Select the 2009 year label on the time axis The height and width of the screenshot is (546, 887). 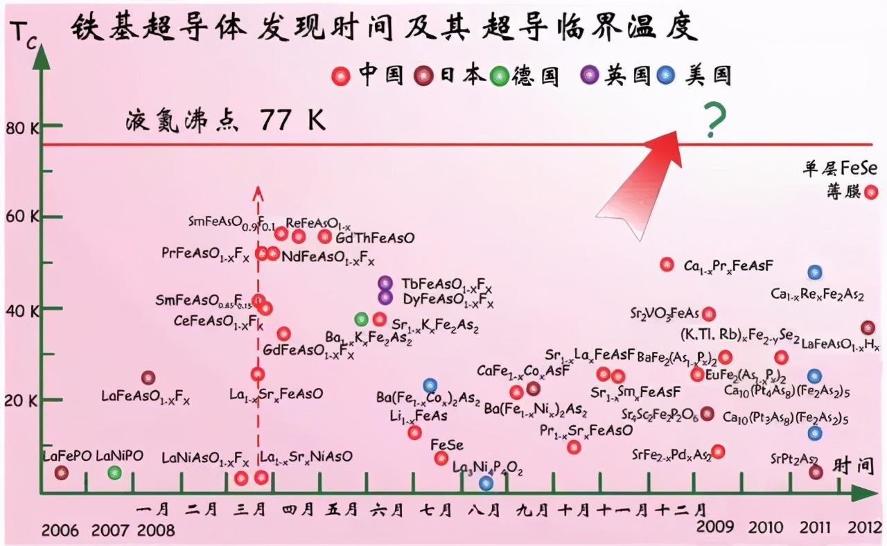tap(715, 527)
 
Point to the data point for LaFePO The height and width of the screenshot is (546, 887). tap(62, 473)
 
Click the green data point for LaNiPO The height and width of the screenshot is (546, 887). tap(115, 473)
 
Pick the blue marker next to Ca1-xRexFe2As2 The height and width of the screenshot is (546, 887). tap(815, 272)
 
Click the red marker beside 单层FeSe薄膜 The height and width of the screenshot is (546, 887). tap(872, 192)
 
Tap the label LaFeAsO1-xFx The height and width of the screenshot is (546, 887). tap(146, 397)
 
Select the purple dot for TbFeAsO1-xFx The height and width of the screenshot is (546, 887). tap(385, 283)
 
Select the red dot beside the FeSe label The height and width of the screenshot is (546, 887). tap(441, 458)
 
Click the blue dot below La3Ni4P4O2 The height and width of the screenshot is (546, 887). tap(486, 483)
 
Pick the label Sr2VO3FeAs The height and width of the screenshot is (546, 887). tap(664, 313)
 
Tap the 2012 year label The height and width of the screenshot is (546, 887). tap(867, 527)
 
